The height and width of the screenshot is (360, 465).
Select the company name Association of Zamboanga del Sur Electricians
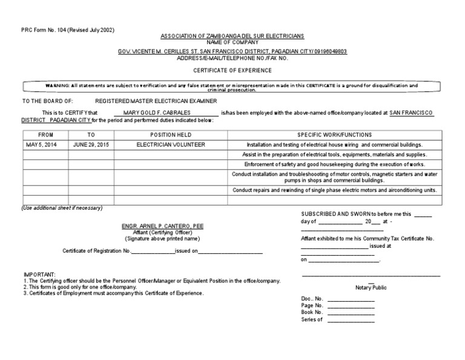232,37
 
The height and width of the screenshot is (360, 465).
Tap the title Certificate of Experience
232,70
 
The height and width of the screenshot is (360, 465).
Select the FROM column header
45,135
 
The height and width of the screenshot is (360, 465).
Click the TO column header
91,135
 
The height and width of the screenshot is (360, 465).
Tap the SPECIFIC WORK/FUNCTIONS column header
334,135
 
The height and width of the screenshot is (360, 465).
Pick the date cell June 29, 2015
91,145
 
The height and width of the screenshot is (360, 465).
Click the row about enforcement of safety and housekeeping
334,164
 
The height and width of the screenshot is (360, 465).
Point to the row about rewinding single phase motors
334,190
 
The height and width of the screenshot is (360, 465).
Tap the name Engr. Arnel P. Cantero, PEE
163,226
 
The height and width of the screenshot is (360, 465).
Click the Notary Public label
371,287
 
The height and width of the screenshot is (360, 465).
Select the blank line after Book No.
351,313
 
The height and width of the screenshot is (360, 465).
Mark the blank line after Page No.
351,306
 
